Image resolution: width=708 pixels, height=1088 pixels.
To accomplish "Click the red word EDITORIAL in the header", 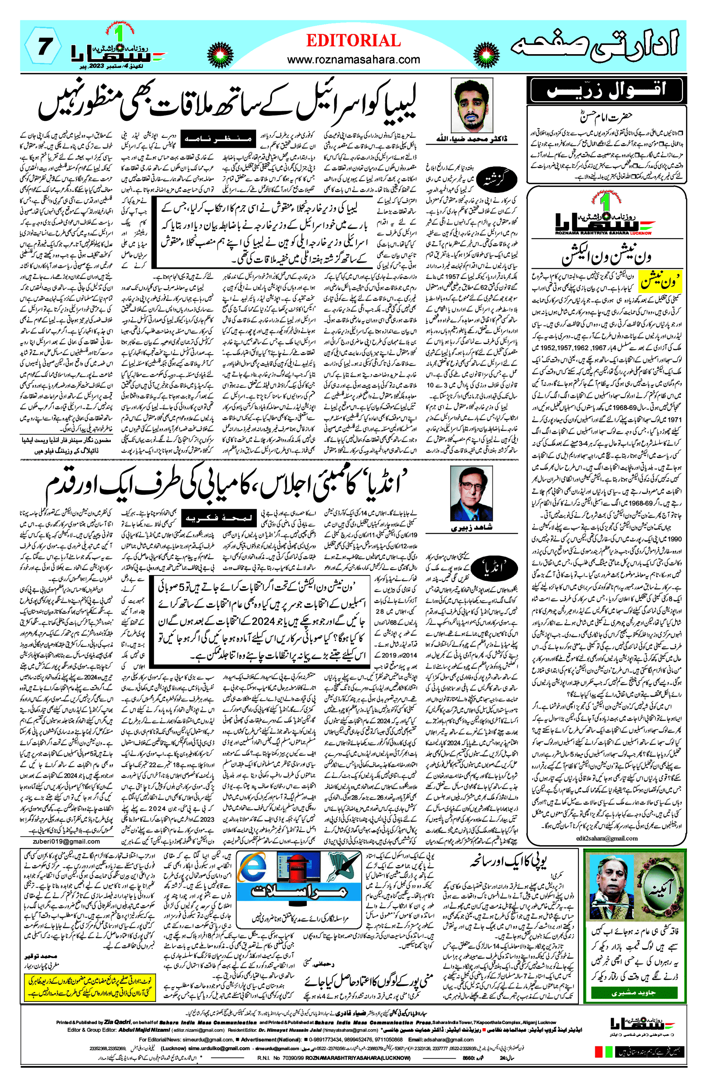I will pyautogui.click(x=353, y=41).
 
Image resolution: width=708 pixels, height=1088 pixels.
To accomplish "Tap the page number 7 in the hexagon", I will pyautogui.click(x=43, y=47).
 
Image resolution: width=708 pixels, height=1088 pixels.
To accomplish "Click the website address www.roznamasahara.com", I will pyautogui.click(x=353, y=60).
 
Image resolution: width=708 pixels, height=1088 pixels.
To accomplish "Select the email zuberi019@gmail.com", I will pyautogui.click(x=66, y=841).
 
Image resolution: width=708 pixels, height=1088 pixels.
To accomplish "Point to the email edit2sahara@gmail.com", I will pyautogui.click(x=607, y=838).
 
